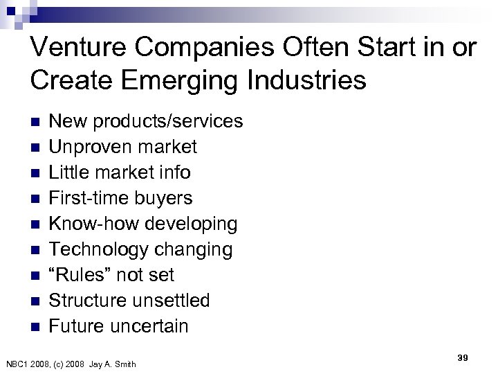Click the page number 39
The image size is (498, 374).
coord(463,357)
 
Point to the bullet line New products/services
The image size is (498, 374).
coord(147,121)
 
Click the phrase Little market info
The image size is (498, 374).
coord(120,172)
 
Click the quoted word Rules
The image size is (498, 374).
coord(82,275)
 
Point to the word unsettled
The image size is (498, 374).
coord(176,301)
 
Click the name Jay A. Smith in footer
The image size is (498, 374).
coord(113,364)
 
